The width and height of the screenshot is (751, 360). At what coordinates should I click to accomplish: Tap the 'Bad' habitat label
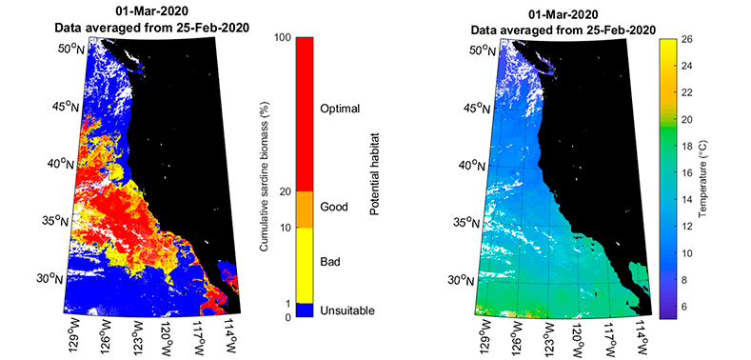click(331, 260)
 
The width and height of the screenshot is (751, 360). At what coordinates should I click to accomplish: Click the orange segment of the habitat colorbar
click(305, 209)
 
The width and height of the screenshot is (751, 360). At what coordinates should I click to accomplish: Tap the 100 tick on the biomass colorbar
click(281, 38)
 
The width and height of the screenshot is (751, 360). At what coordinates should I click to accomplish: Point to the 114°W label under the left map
click(231, 335)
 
